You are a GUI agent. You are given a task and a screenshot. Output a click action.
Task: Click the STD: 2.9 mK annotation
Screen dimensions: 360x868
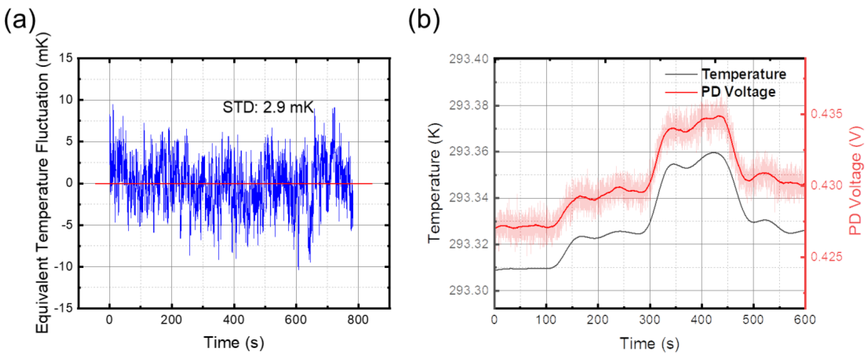coord(268,107)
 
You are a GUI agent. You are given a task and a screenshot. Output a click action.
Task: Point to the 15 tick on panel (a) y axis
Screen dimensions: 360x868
coord(66,58)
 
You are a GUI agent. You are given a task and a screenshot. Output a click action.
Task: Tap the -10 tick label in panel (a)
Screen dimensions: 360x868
coord(64,267)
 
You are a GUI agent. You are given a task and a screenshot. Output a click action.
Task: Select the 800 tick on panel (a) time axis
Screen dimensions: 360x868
coord(358,319)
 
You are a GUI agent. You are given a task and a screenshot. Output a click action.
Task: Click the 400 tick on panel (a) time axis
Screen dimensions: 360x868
coord(234,319)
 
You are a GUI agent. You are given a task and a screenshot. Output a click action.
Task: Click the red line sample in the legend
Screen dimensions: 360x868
coord(681,92)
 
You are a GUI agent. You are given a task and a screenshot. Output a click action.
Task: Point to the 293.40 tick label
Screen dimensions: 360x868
coord(468,59)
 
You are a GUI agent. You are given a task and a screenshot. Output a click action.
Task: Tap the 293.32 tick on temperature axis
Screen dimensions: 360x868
coord(468,244)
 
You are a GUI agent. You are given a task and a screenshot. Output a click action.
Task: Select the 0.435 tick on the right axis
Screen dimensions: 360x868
coord(826,114)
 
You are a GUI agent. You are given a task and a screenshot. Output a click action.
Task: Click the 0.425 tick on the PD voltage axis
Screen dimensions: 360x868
coord(826,257)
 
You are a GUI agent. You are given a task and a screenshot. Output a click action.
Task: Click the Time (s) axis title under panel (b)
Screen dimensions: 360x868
coord(649,344)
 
